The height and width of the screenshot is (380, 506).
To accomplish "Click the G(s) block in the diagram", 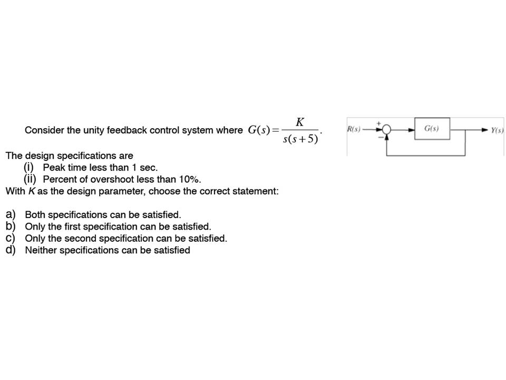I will (432, 129).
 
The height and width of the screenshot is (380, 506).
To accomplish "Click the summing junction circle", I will (387, 129).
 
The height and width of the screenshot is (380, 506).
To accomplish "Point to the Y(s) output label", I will (497, 130).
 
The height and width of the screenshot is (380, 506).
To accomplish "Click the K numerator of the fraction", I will (299, 122).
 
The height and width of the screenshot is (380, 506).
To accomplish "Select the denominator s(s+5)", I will (300, 139).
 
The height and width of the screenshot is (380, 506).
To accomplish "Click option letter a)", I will (11, 215).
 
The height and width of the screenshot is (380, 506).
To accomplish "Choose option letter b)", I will (11, 226).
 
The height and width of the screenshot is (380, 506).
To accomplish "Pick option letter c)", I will (11, 238).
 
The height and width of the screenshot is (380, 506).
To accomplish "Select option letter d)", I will (11, 250).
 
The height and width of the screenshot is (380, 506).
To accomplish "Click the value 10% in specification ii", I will (189, 179).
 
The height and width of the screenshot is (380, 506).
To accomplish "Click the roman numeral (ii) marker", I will (30, 179).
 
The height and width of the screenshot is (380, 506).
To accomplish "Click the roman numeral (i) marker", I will (28, 167).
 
